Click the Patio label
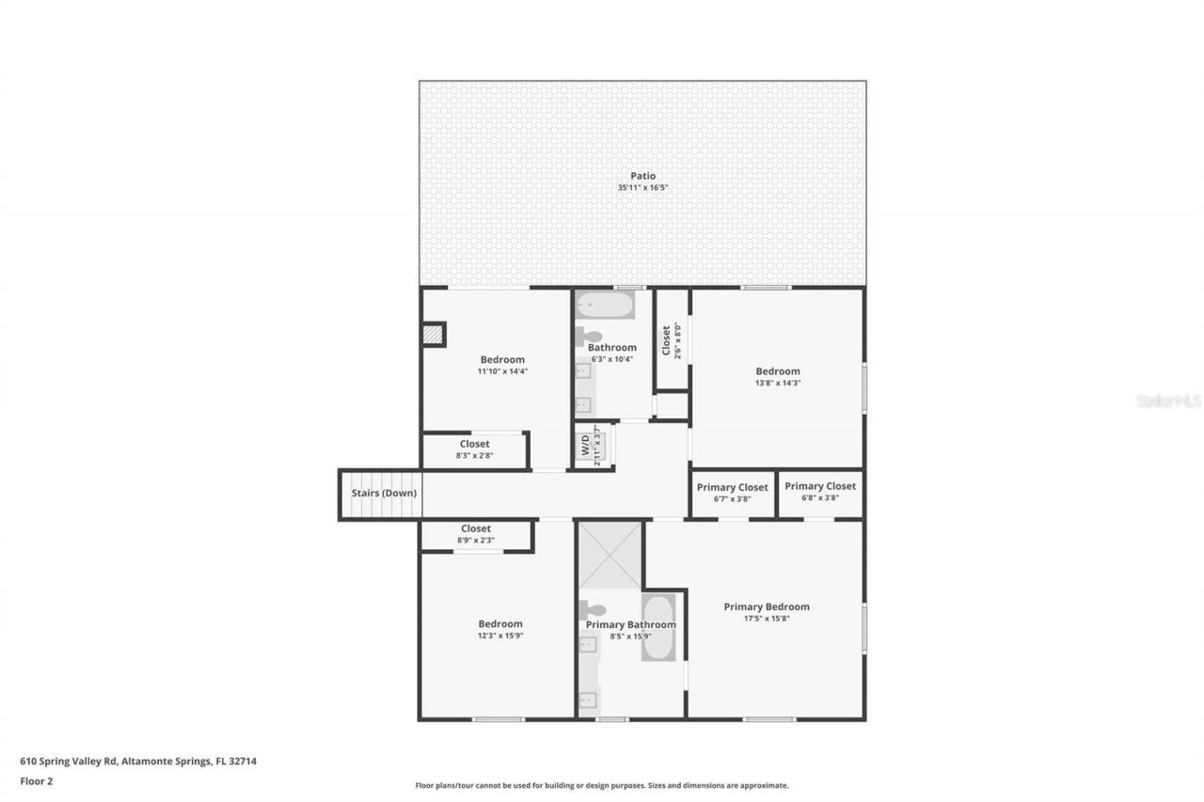pyautogui.click(x=642, y=176)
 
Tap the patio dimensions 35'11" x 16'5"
pyautogui.click(x=642, y=188)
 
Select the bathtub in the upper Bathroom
pyautogui.click(x=605, y=306)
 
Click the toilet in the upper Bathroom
pyautogui.click(x=589, y=336)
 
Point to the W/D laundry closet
pyautogui.click(x=594, y=447)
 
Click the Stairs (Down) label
pyautogui.click(x=384, y=493)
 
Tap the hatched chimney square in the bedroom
pyautogui.click(x=433, y=334)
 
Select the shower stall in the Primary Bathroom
pyautogui.click(x=610, y=556)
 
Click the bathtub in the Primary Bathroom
pyautogui.click(x=658, y=627)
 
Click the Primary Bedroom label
pyautogui.click(x=766, y=606)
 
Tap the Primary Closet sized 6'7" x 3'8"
pyautogui.click(x=732, y=493)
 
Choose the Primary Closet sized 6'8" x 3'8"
pyautogui.click(x=820, y=492)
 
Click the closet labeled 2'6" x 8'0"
pyautogui.click(x=671, y=340)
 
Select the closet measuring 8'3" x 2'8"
pyautogui.click(x=474, y=449)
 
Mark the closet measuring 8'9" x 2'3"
pyautogui.click(x=475, y=534)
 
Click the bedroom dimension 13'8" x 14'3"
pyautogui.click(x=777, y=384)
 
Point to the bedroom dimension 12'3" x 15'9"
pyautogui.click(x=499, y=636)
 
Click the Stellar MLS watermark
pyautogui.click(x=1168, y=401)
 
